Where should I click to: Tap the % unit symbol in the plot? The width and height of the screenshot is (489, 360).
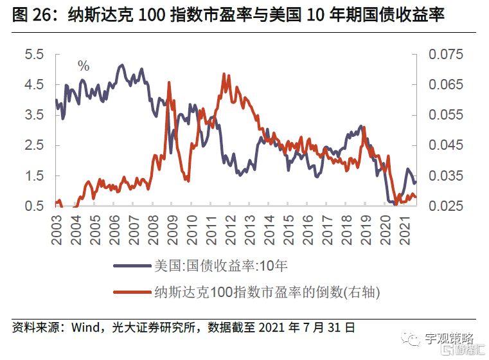click(84, 65)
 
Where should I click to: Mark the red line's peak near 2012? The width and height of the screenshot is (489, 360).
click(223, 74)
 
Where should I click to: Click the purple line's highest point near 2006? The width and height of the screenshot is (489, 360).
click(121, 65)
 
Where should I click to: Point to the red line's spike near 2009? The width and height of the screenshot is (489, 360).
click(168, 83)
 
